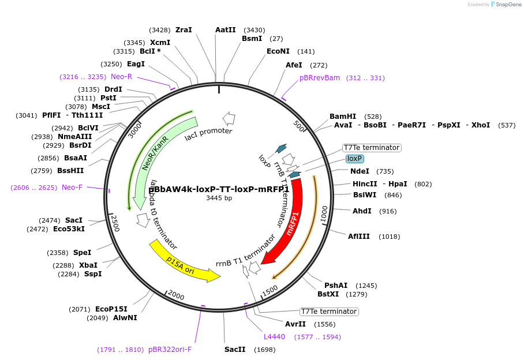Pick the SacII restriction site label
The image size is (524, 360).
[x=235, y=350]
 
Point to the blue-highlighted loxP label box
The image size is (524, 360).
[x=354, y=159]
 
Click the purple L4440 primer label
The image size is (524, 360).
[x=274, y=337]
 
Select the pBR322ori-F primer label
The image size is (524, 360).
[x=170, y=350]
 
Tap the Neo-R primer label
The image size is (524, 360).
[x=121, y=77]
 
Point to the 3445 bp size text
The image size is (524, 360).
[x=219, y=198]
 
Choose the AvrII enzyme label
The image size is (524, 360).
[x=295, y=324]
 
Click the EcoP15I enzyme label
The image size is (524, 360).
[x=111, y=309]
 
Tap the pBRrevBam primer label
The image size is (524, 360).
[x=320, y=78]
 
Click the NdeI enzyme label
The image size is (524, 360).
[x=360, y=171]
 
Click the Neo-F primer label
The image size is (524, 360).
[x=72, y=187]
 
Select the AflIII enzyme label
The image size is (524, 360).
[x=358, y=236]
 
